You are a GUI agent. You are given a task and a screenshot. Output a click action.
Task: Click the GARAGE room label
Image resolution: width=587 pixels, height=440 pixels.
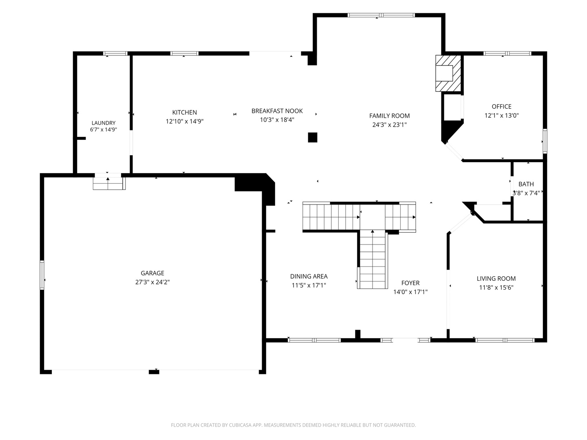pos(152,273)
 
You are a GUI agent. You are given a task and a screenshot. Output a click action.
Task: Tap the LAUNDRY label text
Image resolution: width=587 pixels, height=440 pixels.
pos(104,123)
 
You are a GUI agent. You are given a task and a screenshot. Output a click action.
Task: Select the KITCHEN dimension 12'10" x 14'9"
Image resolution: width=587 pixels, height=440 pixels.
pos(185,121)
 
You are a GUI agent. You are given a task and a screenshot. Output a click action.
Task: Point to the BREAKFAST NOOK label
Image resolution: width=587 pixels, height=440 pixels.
pos(277,111)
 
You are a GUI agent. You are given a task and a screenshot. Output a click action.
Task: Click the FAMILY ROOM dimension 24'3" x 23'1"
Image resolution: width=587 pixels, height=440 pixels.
pos(389,125)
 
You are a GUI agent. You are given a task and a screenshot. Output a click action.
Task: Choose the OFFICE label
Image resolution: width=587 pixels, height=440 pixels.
pos(501,107)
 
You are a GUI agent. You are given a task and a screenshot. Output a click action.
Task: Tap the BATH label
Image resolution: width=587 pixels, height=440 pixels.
pos(526,184)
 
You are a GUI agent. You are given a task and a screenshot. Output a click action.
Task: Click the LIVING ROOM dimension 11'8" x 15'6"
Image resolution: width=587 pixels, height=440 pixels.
pos(496,288)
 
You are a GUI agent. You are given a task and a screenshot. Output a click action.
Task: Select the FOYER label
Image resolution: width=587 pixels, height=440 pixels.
pos(410,283)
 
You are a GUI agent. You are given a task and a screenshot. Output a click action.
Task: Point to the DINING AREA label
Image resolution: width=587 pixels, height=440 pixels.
pos(309,276)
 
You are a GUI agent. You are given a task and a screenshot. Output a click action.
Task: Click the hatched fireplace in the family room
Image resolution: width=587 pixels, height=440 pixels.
pos(448,73)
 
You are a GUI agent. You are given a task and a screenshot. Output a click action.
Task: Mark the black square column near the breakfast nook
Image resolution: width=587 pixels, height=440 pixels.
pos(312,137)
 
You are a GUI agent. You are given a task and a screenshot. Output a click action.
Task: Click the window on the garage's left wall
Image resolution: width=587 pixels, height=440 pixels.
pos(42,275)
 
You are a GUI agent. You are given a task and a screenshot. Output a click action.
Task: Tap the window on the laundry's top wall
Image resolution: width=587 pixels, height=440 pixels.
pos(115,53)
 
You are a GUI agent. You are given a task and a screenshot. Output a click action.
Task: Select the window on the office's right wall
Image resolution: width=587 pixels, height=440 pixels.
pos(545,141)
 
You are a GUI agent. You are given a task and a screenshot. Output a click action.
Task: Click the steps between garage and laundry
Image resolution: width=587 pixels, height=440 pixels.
pos(109,183)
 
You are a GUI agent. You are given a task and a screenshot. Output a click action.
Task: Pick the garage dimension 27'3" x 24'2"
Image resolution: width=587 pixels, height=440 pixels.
pos(152,282)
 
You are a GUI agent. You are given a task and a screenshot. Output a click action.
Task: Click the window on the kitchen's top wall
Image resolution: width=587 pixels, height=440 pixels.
pos(184,53)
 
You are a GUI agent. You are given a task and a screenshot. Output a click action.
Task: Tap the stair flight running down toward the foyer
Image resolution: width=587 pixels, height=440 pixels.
pos(372,260)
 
